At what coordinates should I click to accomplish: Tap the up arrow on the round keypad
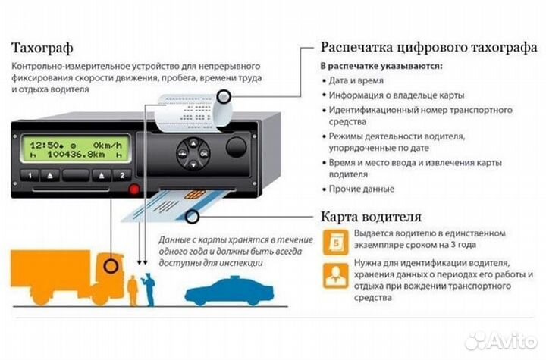[x=192, y=142]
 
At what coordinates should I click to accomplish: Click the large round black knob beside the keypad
[x=237, y=148]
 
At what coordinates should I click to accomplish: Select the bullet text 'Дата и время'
[x=355, y=80]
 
